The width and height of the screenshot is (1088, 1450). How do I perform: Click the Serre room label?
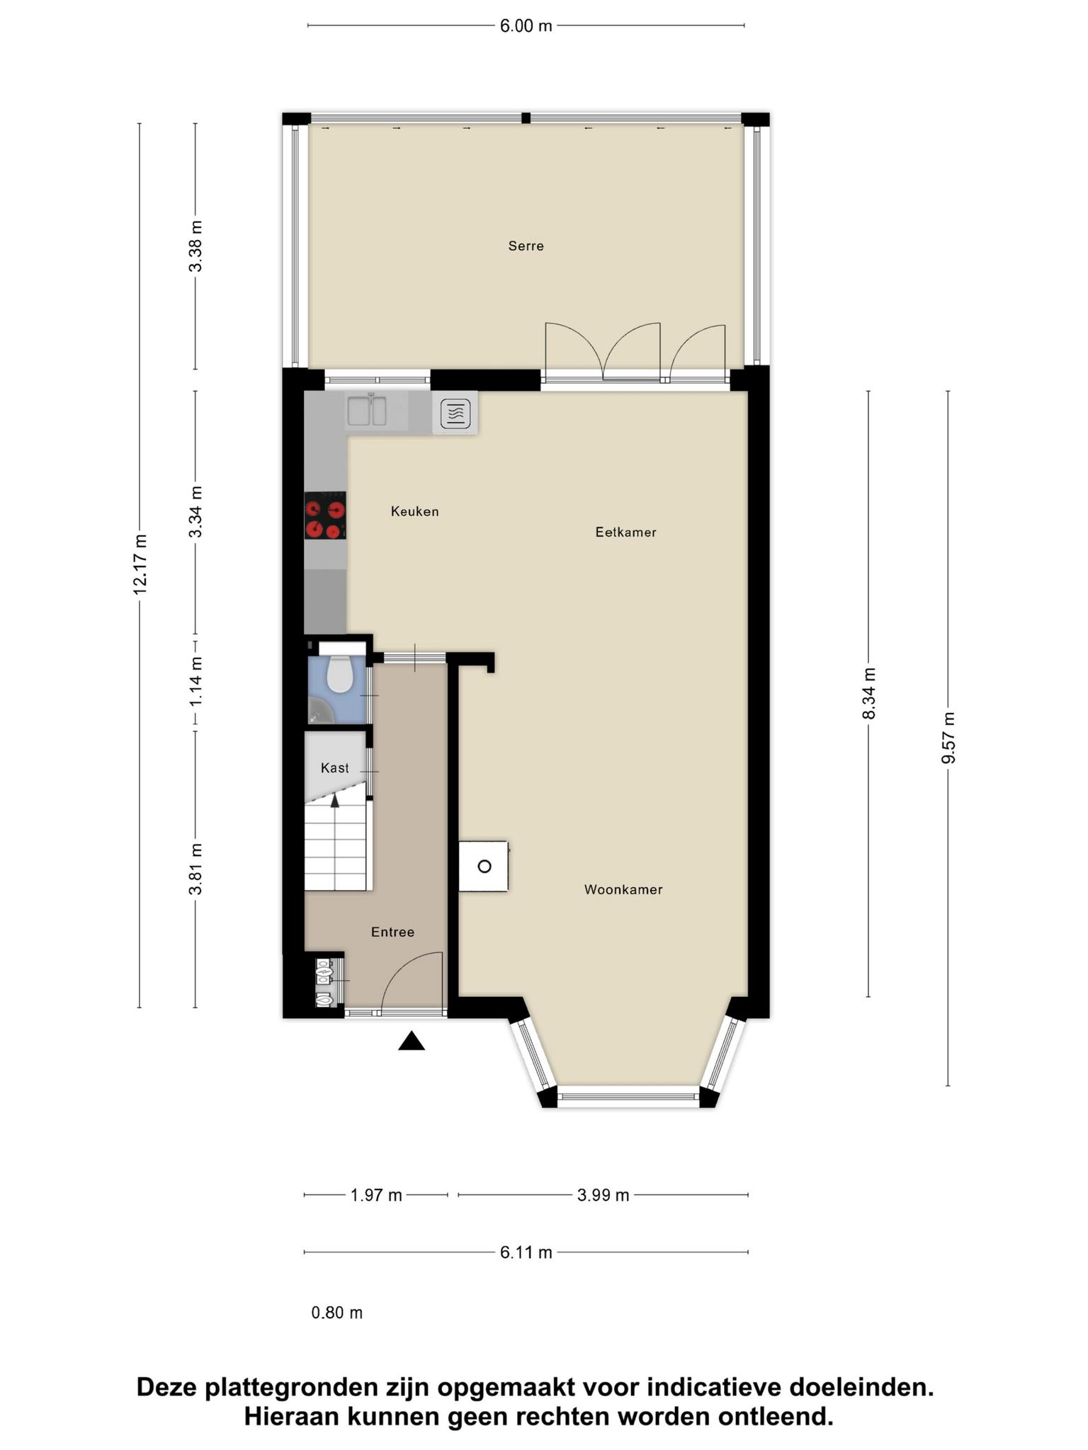tap(526, 246)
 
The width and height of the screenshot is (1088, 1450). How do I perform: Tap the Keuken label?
tap(415, 511)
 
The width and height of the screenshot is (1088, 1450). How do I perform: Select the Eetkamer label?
tap(625, 532)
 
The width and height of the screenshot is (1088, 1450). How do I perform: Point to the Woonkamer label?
tap(623, 889)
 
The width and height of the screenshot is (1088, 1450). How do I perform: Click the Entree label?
tap(392, 932)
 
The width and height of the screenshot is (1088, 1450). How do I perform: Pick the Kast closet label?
tap(335, 767)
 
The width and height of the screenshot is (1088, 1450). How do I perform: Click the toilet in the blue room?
tap(339, 674)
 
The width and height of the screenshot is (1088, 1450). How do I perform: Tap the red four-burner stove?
tap(325, 515)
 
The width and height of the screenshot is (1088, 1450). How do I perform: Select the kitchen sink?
tap(366, 411)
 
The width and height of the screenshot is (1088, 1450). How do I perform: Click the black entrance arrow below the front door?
tap(412, 1041)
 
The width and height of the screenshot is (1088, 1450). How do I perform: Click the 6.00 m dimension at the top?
tap(526, 26)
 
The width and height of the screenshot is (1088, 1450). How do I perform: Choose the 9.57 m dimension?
tap(948, 738)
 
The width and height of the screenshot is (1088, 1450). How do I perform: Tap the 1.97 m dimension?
tap(376, 1196)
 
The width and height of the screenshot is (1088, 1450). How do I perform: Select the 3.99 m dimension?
tap(603, 1196)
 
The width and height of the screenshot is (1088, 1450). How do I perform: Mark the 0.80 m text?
tap(337, 1313)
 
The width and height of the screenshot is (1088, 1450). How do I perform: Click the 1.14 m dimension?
tap(196, 680)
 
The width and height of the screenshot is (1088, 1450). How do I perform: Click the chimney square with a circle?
tap(484, 866)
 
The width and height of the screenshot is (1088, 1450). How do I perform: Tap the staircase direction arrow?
tap(335, 801)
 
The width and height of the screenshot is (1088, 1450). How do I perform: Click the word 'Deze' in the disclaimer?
tap(166, 1387)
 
